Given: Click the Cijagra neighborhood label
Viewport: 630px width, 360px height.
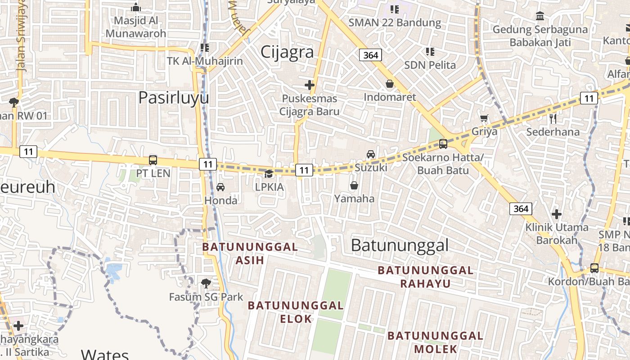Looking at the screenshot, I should coord(287,52).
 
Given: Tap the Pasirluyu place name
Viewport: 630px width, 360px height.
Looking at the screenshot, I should coord(173,98).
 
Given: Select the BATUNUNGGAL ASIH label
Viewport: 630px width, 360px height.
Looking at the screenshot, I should coord(250,253).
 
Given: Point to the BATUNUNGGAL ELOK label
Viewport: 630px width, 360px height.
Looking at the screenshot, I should coord(296,312).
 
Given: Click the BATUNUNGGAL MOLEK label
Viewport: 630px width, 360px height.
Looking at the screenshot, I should coord(435,342).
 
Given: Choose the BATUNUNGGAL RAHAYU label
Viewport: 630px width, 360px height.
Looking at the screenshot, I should coord(425,277).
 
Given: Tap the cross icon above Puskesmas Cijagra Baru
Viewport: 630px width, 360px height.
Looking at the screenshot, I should coord(310,85).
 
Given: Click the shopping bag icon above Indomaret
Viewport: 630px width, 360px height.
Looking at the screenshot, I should coord(390,84).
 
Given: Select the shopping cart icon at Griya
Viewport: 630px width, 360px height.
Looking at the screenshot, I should coord(484,118).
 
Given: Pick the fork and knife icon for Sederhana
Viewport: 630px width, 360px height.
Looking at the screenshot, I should coord(553,119).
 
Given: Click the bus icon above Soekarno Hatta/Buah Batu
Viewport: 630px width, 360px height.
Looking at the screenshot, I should coord(443,144).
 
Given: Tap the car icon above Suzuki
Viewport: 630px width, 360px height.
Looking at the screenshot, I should coord(371,154).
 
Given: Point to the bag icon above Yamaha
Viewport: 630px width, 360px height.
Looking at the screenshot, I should coord(354,185).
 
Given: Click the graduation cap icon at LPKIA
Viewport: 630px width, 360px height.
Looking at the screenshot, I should coord(269,174).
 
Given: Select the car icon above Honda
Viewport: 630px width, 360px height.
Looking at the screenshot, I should coord(220,187).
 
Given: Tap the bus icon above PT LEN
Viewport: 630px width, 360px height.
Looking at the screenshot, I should coord(153,160).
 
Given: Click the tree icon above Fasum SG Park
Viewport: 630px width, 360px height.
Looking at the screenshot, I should coord(206,283).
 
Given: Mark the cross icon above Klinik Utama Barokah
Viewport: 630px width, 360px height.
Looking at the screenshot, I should coord(557,214).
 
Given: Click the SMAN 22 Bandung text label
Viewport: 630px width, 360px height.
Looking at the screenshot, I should coord(395,22).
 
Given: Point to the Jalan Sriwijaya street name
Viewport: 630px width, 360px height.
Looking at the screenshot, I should coord(21,36).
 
